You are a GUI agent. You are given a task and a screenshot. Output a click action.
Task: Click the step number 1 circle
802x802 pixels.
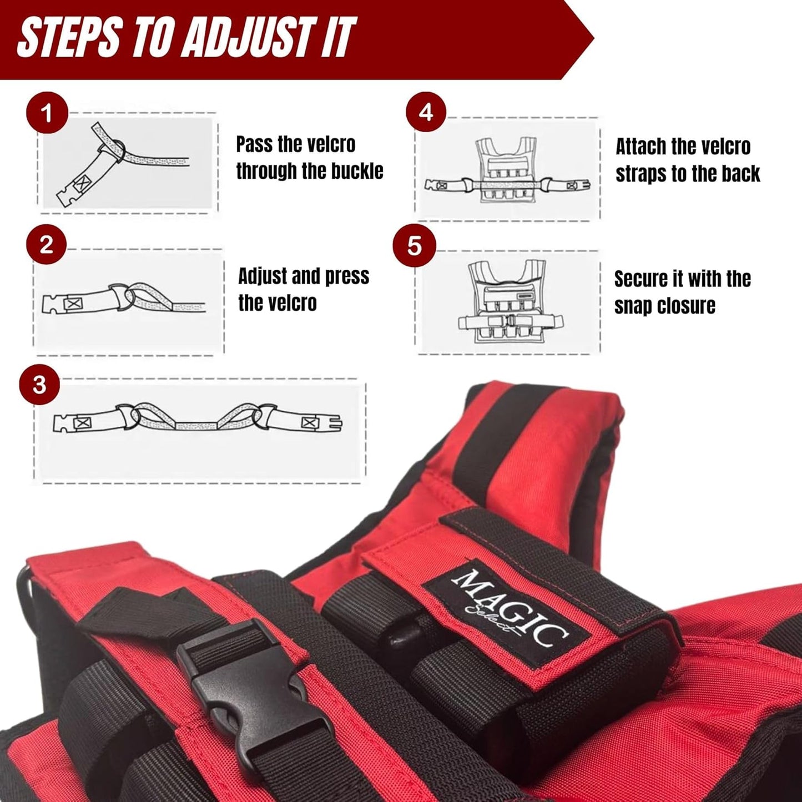tap(47, 113)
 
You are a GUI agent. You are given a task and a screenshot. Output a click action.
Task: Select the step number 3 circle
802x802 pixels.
tap(39, 385)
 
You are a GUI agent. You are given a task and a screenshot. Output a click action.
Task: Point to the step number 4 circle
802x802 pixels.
tap(426, 112)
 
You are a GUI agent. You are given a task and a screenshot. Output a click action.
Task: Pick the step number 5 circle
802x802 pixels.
tap(415, 246)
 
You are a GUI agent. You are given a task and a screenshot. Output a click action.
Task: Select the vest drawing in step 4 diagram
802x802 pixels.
tap(507, 170)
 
